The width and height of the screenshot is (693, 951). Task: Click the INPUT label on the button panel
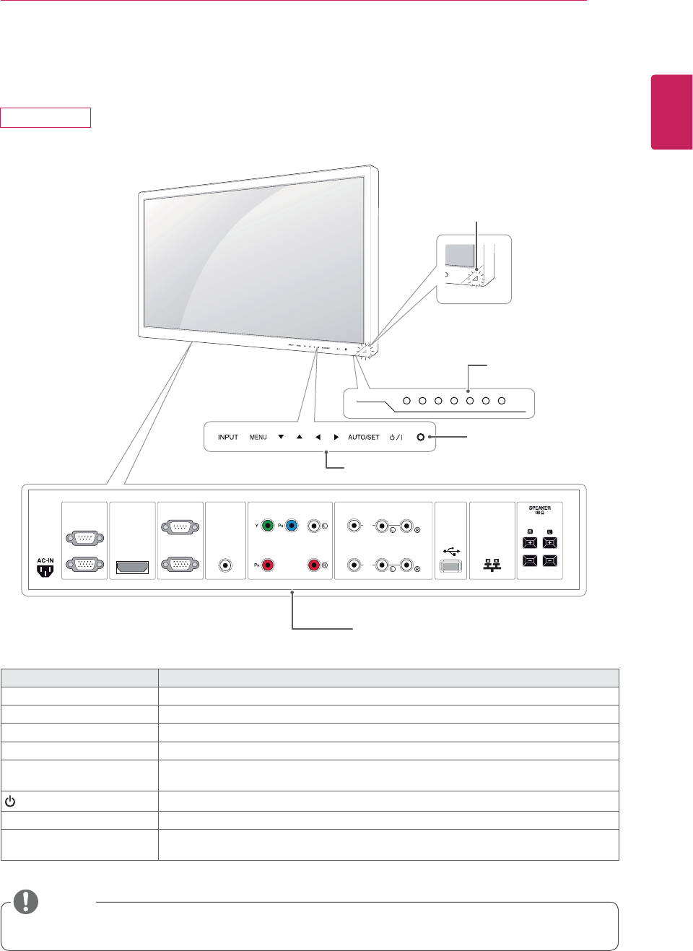[x=227, y=438]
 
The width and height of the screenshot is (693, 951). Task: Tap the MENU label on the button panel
[x=258, y=438]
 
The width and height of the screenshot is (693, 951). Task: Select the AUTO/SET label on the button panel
[x=363, y=438]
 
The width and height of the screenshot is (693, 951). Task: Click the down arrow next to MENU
[x=281, y=437]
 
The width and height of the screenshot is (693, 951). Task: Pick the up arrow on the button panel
[x=300, y=437]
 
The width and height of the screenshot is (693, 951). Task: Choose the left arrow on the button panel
[x=318, y=437]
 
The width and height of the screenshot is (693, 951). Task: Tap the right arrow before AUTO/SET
[x=336, y=437]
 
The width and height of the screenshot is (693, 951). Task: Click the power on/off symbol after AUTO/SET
[x=396, y=438]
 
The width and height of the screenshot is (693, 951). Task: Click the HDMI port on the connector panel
[x=132, y=567]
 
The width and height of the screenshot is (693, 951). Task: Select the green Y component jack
[x=268, y=526]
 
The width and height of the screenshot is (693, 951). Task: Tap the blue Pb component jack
[x=292, y=526]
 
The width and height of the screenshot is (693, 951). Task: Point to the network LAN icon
[x=492, y=565]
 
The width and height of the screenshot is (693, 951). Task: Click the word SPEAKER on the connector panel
[x=539, y=508]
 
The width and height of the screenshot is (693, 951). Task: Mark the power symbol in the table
[x=10, y=802]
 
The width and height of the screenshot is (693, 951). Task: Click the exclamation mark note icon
[x=26, y=901]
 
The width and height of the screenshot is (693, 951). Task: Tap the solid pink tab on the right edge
[x=671, y=111]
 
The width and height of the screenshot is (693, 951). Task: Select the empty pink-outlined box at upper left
[x=45, y=118]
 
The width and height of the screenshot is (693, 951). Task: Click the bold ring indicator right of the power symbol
[x=420, y=438]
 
